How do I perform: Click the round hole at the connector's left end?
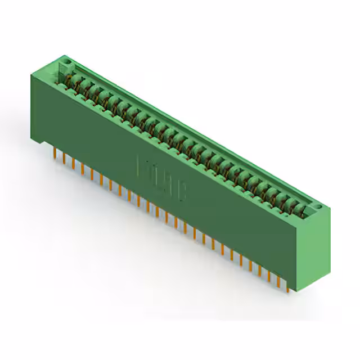66,59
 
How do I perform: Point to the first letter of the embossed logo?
142,166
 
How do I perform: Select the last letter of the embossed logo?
183,190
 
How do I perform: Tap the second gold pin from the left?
64,159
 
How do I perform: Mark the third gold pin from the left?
73,164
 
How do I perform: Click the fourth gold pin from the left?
83,169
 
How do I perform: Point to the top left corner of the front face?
30,75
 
